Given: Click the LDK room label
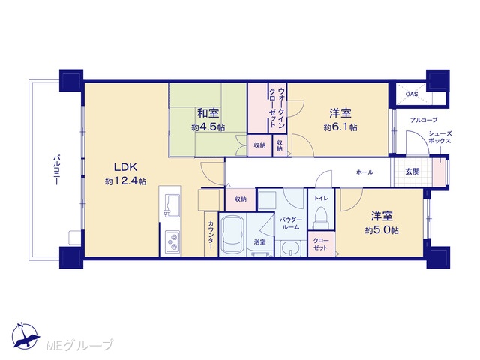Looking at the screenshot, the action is coord(125,167).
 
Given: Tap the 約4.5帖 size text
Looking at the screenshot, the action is coord(208,127).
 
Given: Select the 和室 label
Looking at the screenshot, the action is coord(208,113).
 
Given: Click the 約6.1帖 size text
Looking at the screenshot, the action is coord(340,127).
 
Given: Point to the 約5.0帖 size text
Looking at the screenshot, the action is coord(382,230).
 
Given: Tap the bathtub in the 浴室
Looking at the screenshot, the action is coord(232,234).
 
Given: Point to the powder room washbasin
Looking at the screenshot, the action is coord(290,247).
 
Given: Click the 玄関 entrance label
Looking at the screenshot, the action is coord(412,172).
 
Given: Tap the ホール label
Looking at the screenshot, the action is coord(364,172).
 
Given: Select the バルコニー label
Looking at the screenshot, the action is coord(56,170).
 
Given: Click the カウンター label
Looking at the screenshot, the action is coord(211,235).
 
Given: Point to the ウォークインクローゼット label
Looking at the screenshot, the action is coord(277,108).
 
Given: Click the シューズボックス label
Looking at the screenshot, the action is coord(440,137).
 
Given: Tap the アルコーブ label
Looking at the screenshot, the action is coord(424,120).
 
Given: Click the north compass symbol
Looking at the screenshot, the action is coord(25,336).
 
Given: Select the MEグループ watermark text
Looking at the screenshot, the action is coord(79,345).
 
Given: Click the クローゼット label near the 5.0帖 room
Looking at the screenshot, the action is coord(320,244).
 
